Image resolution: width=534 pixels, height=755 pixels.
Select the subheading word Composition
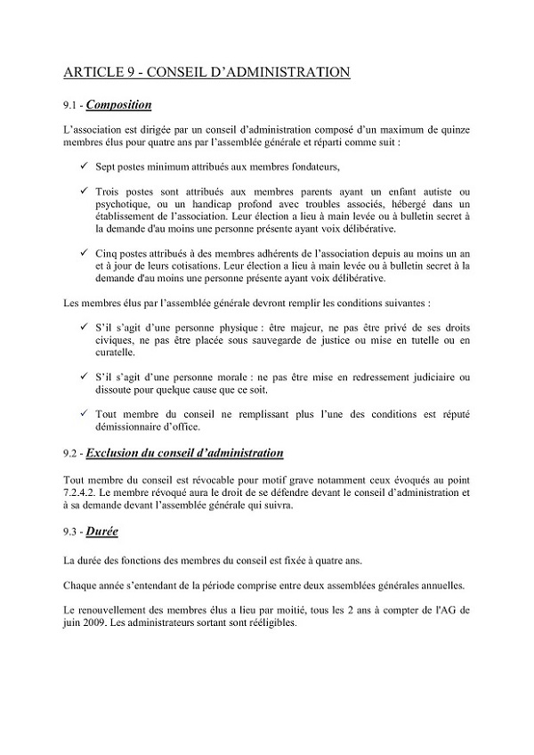click(117, 105)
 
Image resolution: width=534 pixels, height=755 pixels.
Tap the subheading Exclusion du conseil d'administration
click(185, 453)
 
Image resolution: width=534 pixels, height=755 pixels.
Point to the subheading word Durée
click(102, 532)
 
